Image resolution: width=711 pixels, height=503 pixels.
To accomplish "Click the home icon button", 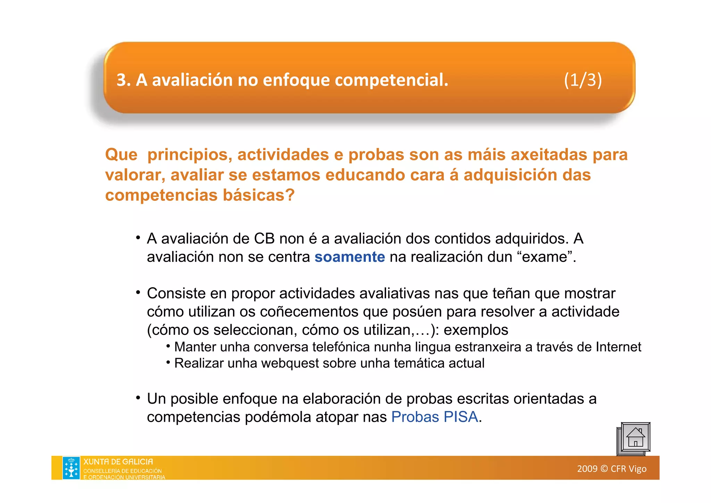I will coord(634,438).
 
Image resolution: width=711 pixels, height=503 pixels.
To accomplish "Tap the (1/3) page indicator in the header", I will coord(583,80).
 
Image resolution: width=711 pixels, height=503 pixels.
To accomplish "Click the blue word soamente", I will coord(350,257).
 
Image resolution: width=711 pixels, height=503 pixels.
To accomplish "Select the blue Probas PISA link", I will coord(435,417).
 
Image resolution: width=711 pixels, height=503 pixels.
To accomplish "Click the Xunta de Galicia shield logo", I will coord(71,468).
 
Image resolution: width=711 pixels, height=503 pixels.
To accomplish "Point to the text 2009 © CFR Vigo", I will coord(612,469).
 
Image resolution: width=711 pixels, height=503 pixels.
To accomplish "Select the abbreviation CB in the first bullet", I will coord(264,239).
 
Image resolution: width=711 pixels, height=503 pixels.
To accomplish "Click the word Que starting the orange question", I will coord(121,155).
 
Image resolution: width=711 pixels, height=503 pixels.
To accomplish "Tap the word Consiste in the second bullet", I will coord(176,294).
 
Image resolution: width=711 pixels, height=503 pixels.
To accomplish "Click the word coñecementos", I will coord(309,312).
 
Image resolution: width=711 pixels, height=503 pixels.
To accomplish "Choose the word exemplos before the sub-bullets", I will coord(476,330).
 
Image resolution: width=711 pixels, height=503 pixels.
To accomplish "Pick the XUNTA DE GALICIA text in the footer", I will coord(118,462).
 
